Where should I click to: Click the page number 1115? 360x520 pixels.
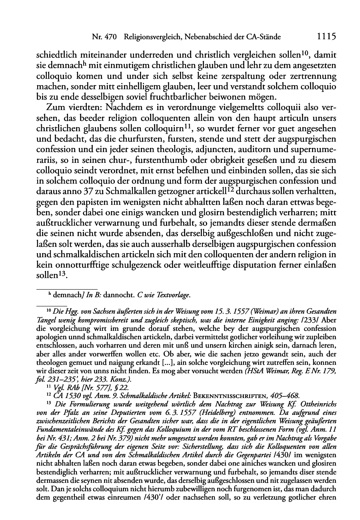[326, 36]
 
